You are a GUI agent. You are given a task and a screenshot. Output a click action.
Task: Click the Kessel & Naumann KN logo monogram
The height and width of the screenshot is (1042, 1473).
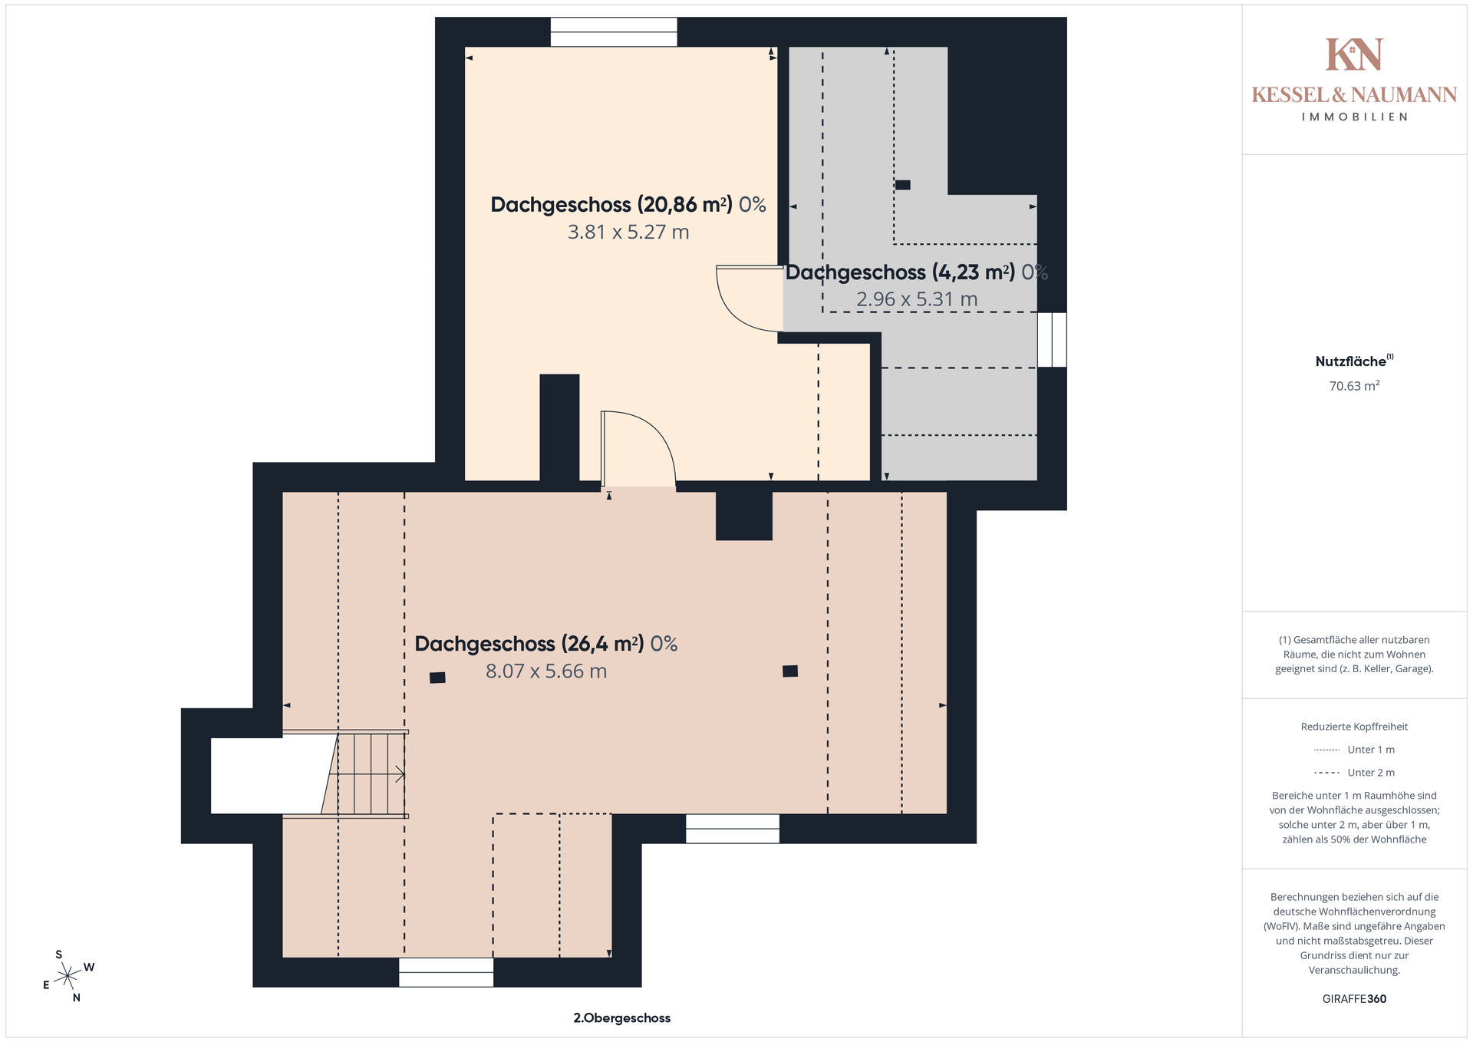(1354, 54)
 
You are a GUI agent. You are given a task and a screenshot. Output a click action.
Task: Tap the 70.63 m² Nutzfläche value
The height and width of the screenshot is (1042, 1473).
(1354, 386)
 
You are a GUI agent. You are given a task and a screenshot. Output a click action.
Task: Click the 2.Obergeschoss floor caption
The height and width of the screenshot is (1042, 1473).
(622, 1018)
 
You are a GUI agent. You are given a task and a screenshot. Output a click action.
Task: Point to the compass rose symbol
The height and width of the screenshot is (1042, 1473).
(68, 976)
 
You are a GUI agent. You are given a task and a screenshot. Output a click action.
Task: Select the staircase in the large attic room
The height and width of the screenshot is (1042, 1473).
(365, 774)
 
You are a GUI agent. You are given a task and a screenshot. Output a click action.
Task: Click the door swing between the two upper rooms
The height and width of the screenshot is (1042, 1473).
(748, 299)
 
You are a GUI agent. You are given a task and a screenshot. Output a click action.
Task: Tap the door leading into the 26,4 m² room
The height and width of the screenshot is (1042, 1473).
(638, 449)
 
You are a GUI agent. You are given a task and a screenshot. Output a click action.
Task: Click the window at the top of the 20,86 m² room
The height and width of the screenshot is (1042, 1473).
(614, 32)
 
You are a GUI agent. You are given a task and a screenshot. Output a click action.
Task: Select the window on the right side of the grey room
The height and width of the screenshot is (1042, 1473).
(1052, 340)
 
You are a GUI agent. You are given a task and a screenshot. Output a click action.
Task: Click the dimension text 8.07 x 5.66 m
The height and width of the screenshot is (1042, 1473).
(546, 671)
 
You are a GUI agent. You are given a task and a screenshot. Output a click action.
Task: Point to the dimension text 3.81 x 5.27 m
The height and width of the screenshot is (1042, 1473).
(628, 232)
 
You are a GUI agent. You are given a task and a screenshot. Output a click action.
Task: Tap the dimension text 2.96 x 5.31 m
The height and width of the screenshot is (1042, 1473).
(917, 299)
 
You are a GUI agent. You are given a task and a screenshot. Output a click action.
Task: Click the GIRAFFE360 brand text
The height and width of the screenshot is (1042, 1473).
(1354, 999)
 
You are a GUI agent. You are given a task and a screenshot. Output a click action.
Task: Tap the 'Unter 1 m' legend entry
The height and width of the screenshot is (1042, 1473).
(1354, 750)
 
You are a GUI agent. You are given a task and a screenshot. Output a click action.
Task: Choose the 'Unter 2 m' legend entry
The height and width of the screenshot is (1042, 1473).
(1354, 773)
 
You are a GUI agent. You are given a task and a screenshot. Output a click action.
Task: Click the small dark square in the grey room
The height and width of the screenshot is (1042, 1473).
(903, 185)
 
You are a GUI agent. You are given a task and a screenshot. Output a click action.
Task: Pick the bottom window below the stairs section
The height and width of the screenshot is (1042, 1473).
(446, 972)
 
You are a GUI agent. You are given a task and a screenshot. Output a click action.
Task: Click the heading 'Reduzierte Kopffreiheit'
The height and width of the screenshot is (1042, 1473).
(1354, 727)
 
